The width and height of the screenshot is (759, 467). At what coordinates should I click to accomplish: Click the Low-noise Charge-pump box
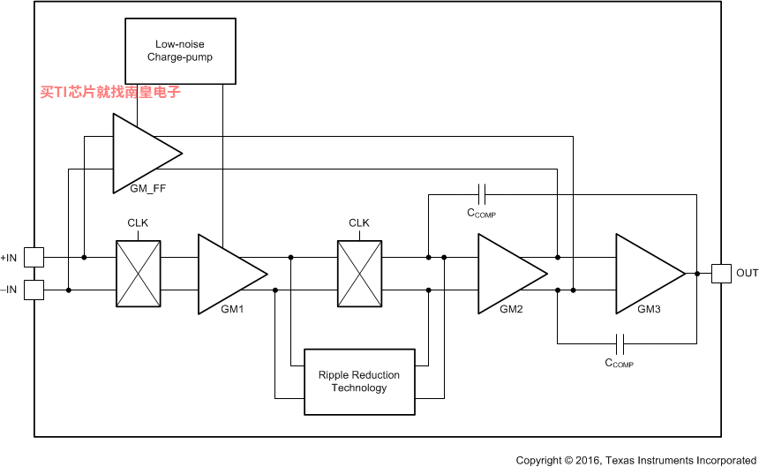tap(180, 51)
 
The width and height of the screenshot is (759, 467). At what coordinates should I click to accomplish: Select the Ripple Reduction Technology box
tap(359, 382)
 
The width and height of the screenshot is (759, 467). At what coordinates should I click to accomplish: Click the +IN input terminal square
tap(34, 258)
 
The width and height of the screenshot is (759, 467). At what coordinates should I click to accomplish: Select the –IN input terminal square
tap(34, 290)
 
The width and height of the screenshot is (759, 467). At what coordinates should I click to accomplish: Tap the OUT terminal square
tap(721, 274)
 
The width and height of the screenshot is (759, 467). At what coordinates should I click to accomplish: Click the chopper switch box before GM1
tap(139, 274)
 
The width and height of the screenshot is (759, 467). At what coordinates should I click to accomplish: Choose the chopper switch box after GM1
tap(360, 274)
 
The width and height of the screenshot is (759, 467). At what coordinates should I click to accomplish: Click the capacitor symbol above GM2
tap(482, 194)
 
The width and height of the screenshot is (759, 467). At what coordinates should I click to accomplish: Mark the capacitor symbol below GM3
tap(620, 344)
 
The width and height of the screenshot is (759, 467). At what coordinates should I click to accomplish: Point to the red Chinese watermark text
tap(110, 92)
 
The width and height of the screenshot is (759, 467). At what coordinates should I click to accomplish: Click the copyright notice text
tap(636, 460)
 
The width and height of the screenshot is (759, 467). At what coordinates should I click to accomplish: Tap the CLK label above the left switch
tap(138, 223)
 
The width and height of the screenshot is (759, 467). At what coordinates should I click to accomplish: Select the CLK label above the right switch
tap(359, 223)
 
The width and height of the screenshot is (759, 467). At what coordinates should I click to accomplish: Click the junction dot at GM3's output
tap(697, 274)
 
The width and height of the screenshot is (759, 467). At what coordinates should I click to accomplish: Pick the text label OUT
tap(747, 273)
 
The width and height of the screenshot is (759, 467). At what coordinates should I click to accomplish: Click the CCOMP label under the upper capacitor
tap(481, 213)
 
